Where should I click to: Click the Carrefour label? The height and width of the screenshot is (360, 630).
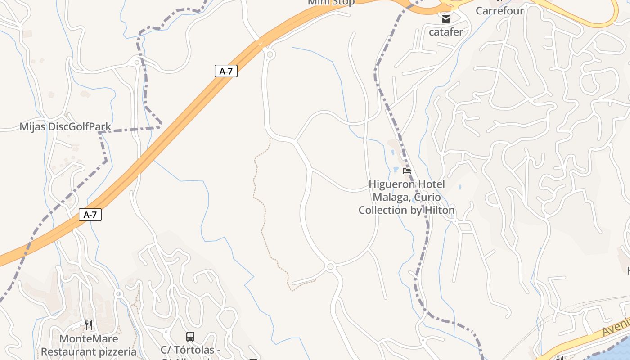coord(499,11)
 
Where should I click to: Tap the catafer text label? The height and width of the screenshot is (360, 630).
coord(445,32)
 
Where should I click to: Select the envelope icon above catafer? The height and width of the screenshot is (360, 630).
coord(445,18)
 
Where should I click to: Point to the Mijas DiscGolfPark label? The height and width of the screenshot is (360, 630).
coord(65,127)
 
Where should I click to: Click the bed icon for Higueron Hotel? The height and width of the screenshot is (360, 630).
coord(407,171)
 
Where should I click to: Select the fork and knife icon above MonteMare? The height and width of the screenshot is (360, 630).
coord(89,325)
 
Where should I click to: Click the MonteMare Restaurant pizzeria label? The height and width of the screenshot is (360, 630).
coord(89,345)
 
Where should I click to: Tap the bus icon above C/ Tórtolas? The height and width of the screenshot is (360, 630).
coord(190,336)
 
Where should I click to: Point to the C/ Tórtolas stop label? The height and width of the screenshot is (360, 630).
coord(190,350)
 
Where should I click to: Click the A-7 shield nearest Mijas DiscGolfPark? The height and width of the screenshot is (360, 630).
coord(226,71)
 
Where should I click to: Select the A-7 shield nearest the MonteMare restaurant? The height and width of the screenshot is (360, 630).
coord(90,215)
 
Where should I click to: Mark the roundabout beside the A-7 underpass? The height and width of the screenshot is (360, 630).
coord(270,54)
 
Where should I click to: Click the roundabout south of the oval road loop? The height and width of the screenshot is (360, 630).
coord(330,266)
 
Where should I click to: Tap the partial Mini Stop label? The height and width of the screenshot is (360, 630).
coord(331,2)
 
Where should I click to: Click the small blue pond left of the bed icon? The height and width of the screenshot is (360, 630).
coord(396,170)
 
